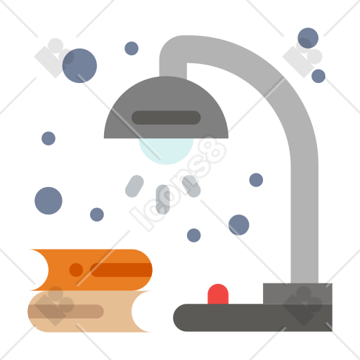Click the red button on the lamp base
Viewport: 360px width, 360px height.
(x=218, y=294)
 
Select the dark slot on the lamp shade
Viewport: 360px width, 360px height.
(x=166, y=117)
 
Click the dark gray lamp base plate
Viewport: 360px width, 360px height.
(x=252, y=318)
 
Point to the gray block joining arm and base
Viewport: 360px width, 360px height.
(x=297, y=293)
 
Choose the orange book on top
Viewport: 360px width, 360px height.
(x=91, y=270)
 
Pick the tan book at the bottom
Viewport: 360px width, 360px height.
(x=89, y=311)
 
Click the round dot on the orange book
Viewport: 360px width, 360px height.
(x=76, y=270)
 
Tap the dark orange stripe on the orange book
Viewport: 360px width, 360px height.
(x=121, y=270)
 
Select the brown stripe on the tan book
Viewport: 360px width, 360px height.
(x=65, y=311)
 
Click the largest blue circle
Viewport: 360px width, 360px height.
(x=79, y=65)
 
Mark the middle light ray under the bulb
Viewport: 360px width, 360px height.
(x=163, y=199)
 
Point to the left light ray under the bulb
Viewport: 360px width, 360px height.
(x=134, y=186)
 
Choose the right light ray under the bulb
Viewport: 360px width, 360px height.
(x=191, y=186)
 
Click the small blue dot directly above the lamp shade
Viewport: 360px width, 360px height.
(x=131, y=49)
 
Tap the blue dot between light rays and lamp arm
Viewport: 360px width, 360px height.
(x=256, y=180)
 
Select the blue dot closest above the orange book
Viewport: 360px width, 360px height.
(x=97, y=214)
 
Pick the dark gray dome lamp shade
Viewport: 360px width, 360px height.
(x=166, y=107)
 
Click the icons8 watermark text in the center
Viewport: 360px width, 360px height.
(x=178, y=184)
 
